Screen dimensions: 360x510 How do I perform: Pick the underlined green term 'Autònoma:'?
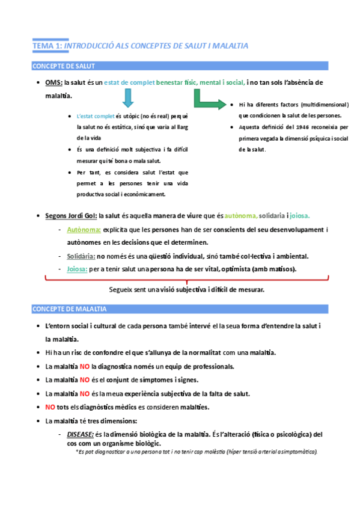pos(84,230)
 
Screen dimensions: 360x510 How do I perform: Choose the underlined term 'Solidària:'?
pos(82,256)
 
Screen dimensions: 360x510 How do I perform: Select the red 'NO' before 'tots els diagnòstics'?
pos(50,407)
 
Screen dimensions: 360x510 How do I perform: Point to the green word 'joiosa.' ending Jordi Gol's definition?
pos(300,215)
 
